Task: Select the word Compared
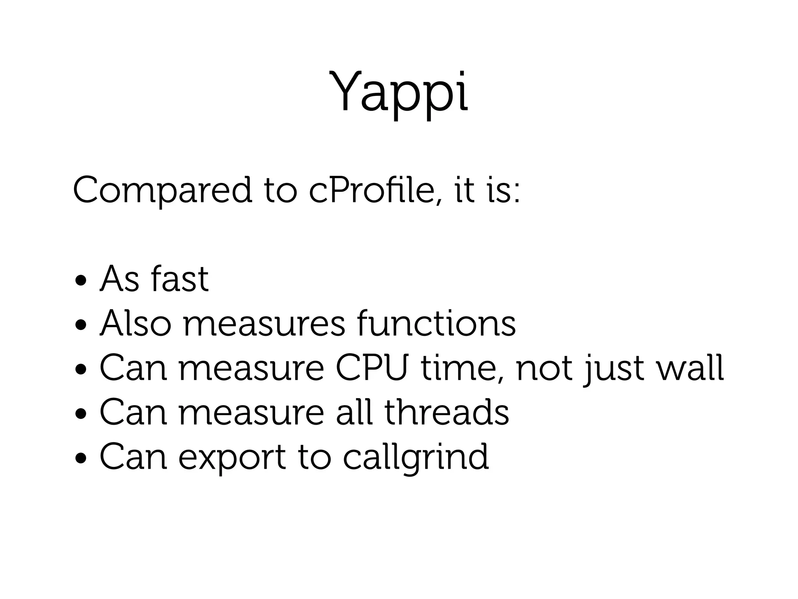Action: (x=162, y=191)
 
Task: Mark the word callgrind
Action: (x=416, y=457)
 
